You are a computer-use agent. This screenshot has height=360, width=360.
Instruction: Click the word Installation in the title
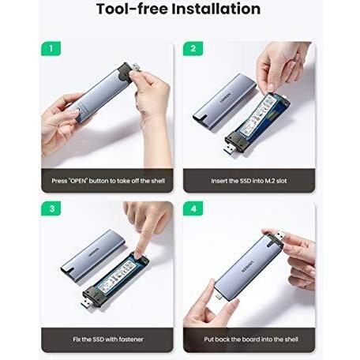(x=216, y=9)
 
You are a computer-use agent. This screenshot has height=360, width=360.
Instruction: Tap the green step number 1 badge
(x=51, y=48)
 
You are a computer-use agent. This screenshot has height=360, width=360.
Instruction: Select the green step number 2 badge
(x=193, y=48)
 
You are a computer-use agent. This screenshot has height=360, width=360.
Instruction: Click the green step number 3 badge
(x=51, y=208)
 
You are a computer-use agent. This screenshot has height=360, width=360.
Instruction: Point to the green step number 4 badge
(x=193, y=208)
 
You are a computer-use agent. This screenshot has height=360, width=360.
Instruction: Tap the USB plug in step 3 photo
(x=87, y=303)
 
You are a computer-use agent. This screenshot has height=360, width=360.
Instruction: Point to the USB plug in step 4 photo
(x=279, y=235)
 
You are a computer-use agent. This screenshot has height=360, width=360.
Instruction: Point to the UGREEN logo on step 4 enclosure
(x=247, y=267)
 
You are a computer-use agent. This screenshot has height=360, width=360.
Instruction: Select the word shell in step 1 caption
(x=158, y=181)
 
